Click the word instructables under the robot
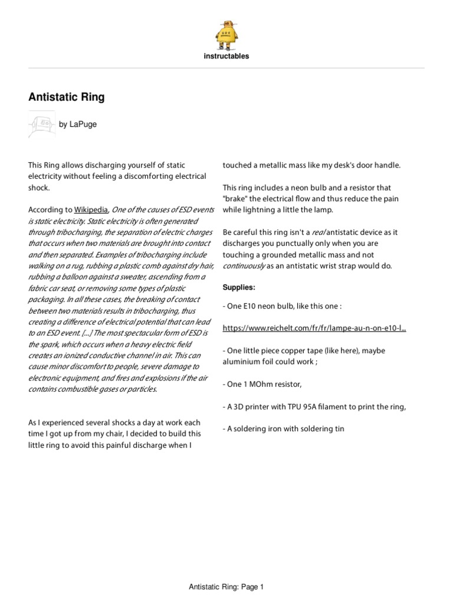pos(226,57)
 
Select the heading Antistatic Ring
pos(67,97)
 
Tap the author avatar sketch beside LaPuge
pos(41,124)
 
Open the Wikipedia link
pos(90,209)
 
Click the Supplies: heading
pos(238,288)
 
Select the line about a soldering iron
pos(283,429)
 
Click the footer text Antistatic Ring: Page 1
pos(226,587)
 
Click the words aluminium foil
pos(245,362)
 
